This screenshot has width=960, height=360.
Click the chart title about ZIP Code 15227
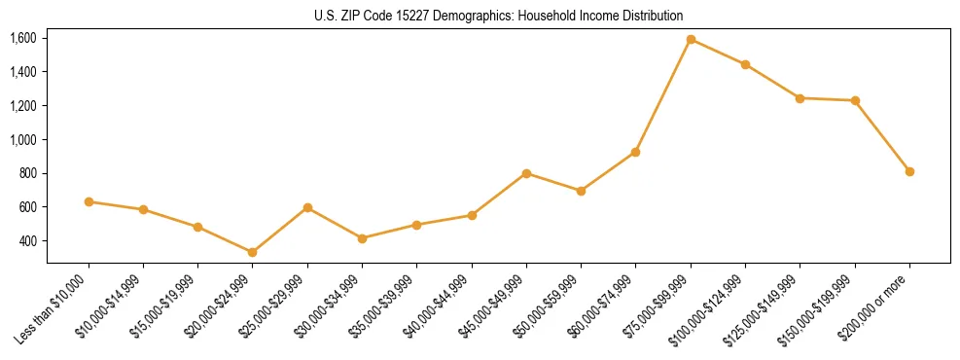499,16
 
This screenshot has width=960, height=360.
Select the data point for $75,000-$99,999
691,40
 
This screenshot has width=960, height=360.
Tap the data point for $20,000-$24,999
253,252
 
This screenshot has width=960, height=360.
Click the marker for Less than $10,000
89,201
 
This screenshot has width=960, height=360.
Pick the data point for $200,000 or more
909,171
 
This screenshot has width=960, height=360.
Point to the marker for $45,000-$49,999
526,173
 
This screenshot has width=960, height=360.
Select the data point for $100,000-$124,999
745,65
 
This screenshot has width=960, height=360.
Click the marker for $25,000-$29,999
307,207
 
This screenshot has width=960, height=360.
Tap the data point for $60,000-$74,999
635,152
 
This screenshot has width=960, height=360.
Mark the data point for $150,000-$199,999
855,100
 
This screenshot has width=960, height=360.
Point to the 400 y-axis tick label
27,240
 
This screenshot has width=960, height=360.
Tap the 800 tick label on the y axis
27,173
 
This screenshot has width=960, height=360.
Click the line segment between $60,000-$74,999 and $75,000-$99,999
663,95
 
